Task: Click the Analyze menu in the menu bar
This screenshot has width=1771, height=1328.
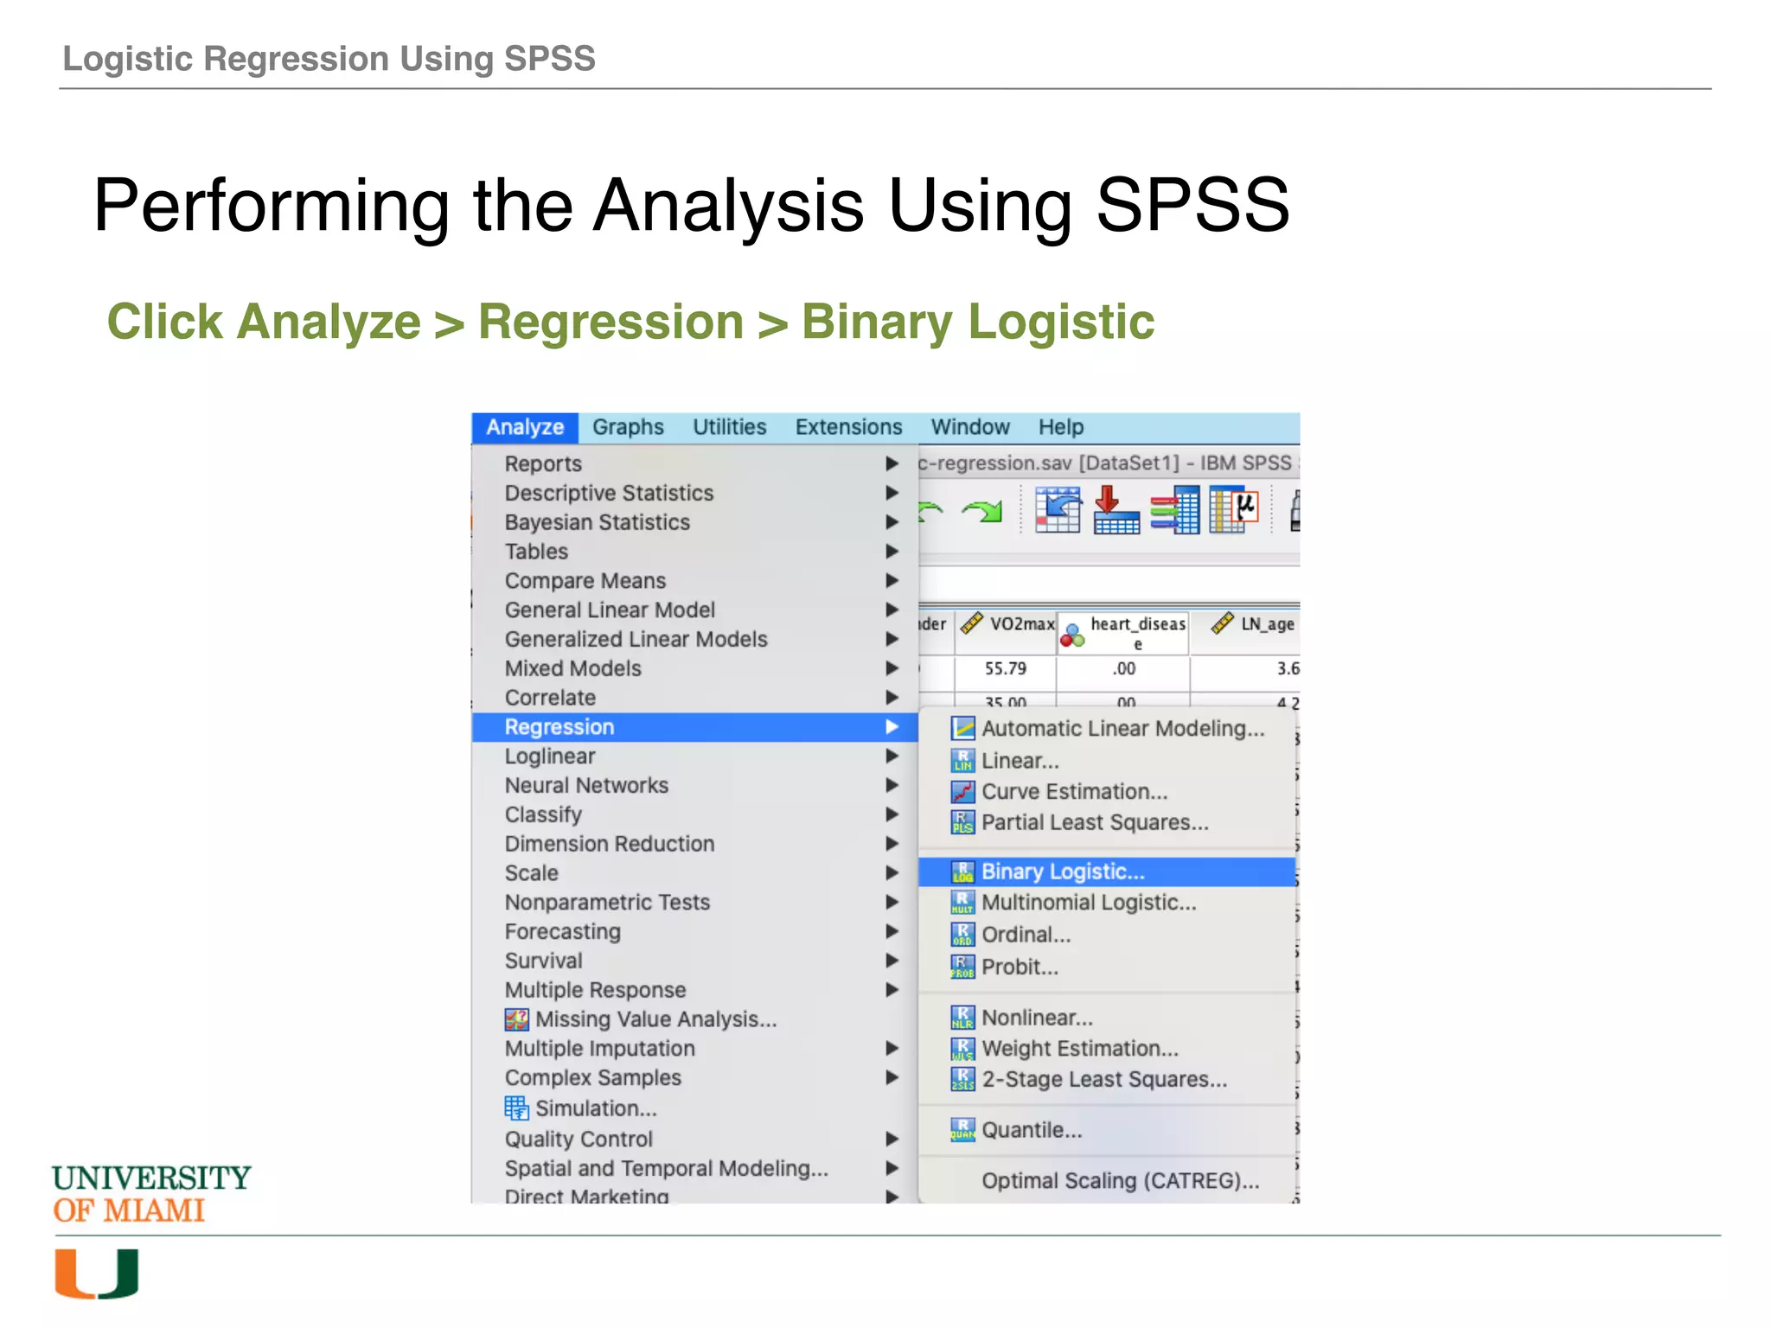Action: [x=524, y=427]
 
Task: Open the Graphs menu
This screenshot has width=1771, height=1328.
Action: [x=628, y=427]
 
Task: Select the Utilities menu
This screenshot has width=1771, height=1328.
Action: [x=729, y=427]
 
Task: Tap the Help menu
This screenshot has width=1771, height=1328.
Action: [x=1060, y=427]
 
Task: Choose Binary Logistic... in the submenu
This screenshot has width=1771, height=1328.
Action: [x=1062, y=871]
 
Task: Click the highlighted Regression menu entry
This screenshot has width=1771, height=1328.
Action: [x=559, y=727]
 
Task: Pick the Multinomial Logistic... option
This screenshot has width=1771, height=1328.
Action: [x=1088, y=903]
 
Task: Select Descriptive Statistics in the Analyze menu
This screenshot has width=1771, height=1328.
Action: [x=609, y=493]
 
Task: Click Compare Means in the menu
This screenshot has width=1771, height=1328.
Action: [x=585, y=581]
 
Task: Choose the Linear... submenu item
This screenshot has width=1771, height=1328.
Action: [x=1020, y=761]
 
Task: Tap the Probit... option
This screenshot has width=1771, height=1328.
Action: [x=1020, y=967]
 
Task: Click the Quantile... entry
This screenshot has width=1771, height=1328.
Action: [x=1031, y=1130]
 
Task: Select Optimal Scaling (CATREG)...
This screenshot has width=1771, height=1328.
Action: [x=1120, y=1181]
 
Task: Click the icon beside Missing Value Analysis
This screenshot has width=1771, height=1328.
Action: [x=516, y=1020]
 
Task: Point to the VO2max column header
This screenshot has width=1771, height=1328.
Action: [x=1020, y=624]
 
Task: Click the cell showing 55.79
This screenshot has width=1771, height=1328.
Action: [x=1005, y=669]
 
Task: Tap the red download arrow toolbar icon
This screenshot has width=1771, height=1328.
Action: [x=1116, y=510]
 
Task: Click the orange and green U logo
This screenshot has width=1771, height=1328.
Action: [x=97, y=1274]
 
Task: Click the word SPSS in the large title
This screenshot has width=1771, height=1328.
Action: [x=1192, y=205]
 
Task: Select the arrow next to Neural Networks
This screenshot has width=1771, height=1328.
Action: [x=892, y=785]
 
